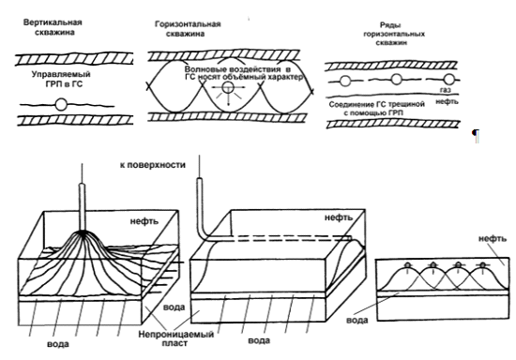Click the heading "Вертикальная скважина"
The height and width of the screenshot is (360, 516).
(53, 27)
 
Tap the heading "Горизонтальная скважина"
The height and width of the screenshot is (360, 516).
(188, 29)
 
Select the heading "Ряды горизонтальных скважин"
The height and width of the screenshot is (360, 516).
(394, 34)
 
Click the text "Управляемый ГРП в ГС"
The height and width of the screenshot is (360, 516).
(61, 80)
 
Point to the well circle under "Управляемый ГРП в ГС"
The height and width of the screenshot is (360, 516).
(61, 105)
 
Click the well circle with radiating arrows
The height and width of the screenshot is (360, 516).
(227, 88)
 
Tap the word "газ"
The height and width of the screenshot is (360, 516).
(446, 90)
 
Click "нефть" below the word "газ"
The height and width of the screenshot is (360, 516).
(447, 101)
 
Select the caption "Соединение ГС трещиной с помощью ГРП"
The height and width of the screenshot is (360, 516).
(377, 109)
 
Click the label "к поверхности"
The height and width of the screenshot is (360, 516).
(153, 165)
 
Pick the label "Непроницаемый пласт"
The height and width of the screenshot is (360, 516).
(175, 338)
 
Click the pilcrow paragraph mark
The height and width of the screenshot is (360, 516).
(476, 135)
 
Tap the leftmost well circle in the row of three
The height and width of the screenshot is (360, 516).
(344, 81)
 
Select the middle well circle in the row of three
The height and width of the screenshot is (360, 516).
(397, 80)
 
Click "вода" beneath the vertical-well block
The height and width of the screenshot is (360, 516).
(58, 344)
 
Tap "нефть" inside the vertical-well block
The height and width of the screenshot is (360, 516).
(144, 221)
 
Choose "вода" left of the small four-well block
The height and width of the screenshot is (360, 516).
(357, 320)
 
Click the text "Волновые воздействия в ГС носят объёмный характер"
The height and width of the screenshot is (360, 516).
(244, 74)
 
